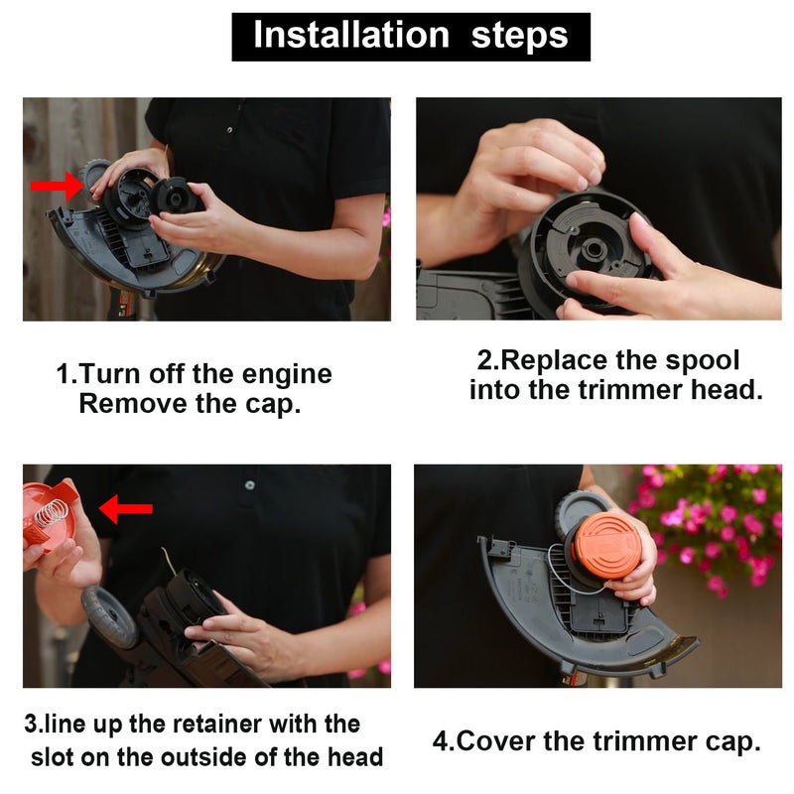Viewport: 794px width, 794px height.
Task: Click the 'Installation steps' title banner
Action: pos(410,36)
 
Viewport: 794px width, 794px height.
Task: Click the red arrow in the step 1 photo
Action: pos(58,185)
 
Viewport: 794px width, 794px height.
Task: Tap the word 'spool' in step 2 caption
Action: pos(699,359)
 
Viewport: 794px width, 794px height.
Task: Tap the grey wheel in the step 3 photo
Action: pos(108,614)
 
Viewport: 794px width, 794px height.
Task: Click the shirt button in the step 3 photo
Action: pos(249,484)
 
